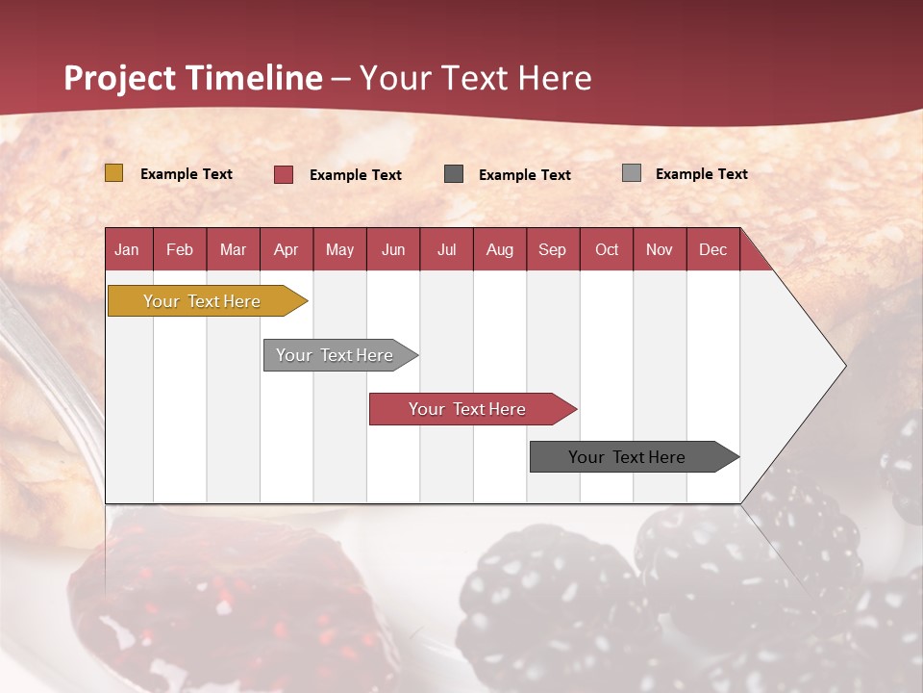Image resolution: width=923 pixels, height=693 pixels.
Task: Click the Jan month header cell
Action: [128, 249]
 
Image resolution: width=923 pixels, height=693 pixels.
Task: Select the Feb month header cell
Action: [180, 249]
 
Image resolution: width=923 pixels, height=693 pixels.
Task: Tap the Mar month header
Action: [233, 249]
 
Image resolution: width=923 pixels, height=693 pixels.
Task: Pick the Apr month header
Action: [287, 249]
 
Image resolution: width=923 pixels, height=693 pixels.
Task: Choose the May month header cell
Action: [339, 249]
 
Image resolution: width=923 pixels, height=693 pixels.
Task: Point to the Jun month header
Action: [393, 249]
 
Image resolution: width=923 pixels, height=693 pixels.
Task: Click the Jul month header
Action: [446, 249]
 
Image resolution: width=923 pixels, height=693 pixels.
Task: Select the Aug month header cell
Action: [500, 249]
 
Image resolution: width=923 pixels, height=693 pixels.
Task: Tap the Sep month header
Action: [553, 249]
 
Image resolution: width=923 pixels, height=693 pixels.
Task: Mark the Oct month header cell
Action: [607, 249]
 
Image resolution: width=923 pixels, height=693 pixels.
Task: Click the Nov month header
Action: [660, 249]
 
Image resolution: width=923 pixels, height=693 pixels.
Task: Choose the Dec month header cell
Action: [713, 249]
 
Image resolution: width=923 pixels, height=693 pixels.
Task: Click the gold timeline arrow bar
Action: [202, 301]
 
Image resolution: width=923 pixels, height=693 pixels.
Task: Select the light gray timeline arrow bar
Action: [336, 355]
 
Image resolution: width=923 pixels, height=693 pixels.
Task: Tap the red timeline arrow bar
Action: [467, 409]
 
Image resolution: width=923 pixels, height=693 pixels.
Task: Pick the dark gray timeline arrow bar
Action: [628, 457]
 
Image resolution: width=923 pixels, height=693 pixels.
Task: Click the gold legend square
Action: [114, 173]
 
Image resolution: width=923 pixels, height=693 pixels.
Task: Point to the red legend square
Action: [284, 174]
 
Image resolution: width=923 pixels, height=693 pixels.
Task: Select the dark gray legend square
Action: [454, 173]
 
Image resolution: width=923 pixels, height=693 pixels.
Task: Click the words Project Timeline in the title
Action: [193, 78]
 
